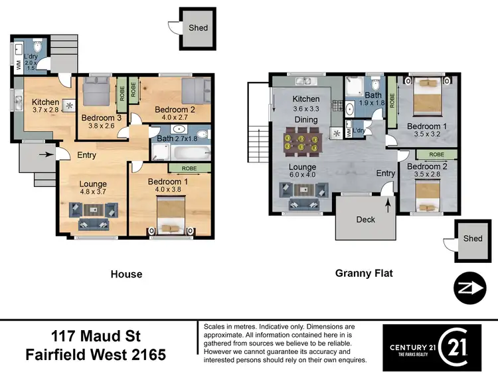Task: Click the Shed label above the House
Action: pyautogui.click(x=198, y=28)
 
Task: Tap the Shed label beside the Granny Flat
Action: pyautogui.click(x=473, y=239)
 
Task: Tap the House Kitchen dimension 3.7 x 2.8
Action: pyautogui.click(x=45, y=110)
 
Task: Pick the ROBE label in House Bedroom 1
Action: pyautogui.click(x=188, y=168)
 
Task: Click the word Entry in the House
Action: pyautogui.click(x=86, y=155)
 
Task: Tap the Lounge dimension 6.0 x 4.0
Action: pyautogui.click(x=303, y=176)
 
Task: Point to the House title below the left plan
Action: pyautogui.click(x=125, y=274)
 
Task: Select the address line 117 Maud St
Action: pyautogui.click(x=96, y=334)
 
